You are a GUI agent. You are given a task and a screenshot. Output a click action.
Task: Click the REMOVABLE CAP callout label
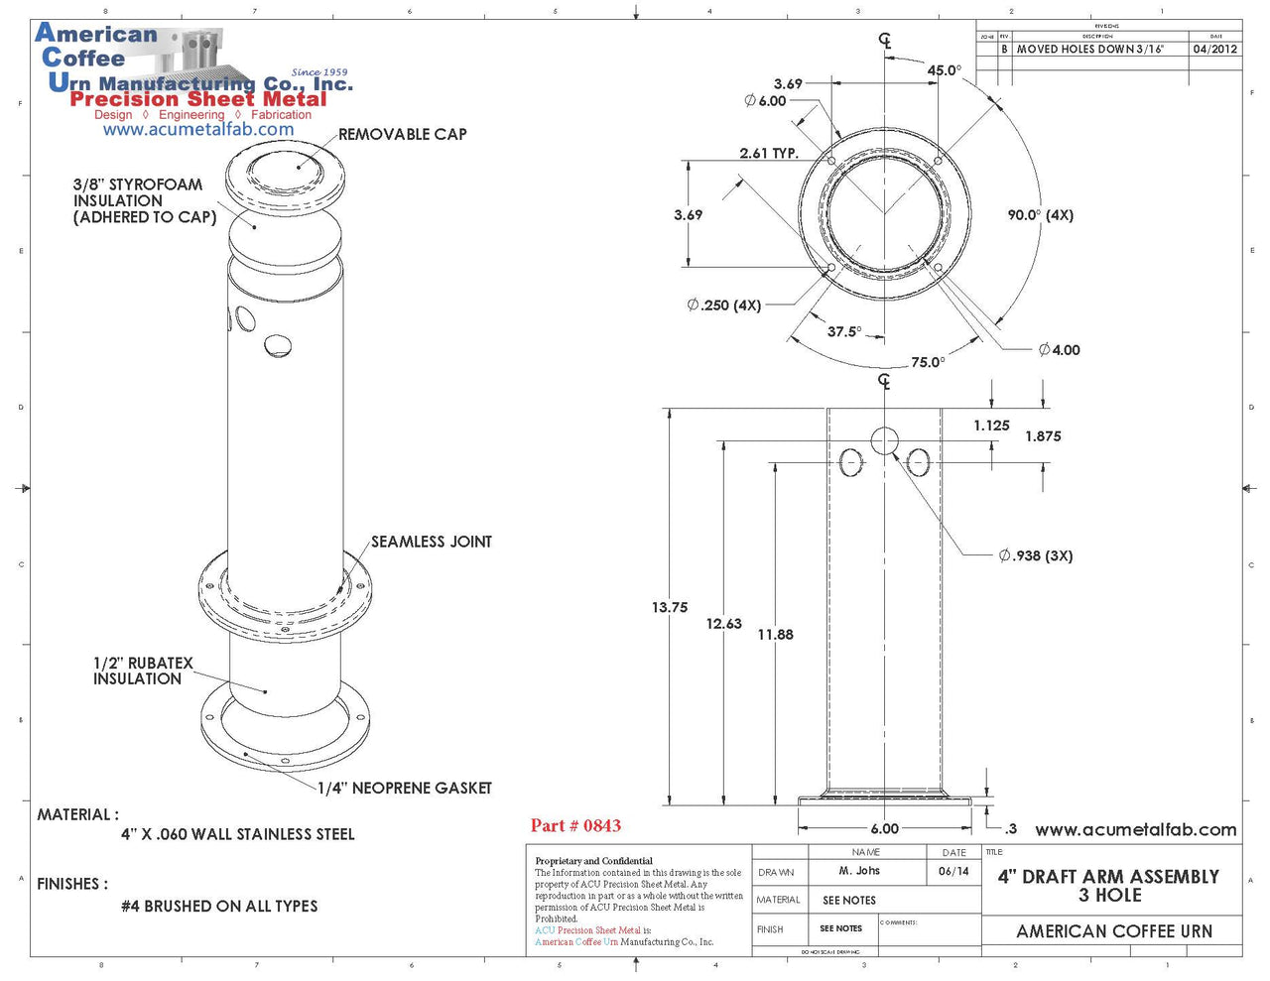point(402,134)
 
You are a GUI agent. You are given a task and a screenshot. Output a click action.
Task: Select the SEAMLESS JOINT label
point(431,542)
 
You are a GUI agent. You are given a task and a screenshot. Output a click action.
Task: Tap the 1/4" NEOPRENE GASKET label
point(405,788)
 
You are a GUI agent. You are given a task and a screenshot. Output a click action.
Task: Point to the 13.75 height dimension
point(670,607)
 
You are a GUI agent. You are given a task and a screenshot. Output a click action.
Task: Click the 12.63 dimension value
point(724,624)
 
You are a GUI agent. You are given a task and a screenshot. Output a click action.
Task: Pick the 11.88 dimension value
point(775,635)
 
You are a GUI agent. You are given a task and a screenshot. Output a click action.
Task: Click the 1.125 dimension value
point(991,426)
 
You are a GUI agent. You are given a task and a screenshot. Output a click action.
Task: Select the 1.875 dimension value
point(1043,436)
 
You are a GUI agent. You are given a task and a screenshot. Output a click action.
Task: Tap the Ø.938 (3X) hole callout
point(1035,555)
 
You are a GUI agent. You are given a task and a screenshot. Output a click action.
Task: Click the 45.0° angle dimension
point(945,70)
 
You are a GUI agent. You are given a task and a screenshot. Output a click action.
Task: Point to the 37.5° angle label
point(844,331)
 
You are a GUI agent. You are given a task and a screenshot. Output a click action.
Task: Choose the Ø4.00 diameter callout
point(1059,349)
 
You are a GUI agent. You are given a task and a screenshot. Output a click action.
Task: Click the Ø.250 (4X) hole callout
point(723,306)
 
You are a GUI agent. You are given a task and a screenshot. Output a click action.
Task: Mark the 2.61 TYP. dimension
point(769,153)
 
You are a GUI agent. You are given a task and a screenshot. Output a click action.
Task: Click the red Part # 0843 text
point(575,825)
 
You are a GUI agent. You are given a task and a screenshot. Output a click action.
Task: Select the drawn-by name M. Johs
point(859,871)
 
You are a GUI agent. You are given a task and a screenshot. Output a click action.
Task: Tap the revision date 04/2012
point(1214,49)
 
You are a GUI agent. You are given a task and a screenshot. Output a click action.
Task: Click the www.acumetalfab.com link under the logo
point(198,129)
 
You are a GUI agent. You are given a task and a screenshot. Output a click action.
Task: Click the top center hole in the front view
point(884,441)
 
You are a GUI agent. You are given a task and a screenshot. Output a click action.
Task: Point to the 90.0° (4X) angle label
point(1040,215)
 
